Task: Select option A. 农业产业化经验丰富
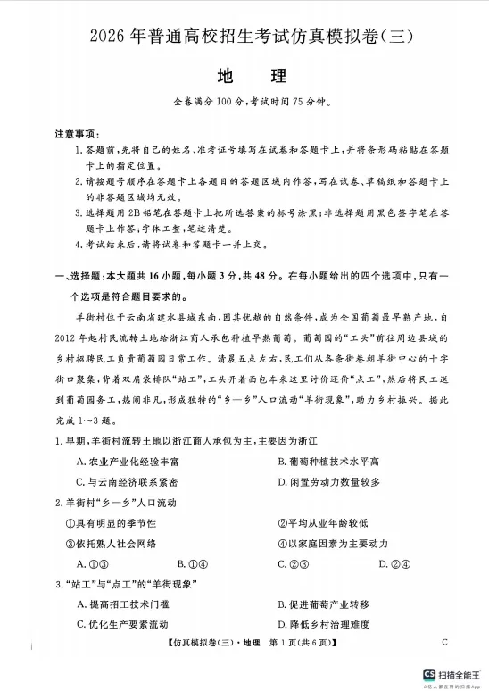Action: (128, 462)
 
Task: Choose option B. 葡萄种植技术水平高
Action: (329, 462)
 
